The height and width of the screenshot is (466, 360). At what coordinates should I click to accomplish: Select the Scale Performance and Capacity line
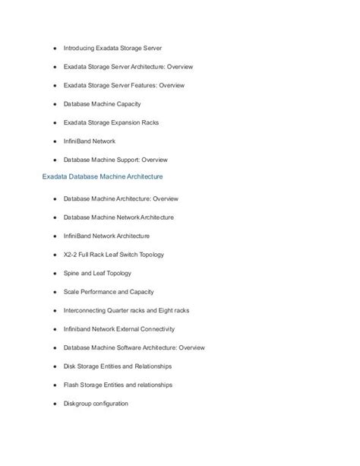(111, 292)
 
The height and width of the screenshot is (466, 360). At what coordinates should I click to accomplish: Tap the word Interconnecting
(86, 310)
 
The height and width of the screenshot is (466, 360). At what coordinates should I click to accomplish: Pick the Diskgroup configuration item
(96, 404)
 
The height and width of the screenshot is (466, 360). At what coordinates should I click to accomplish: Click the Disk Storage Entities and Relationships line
(117, 366)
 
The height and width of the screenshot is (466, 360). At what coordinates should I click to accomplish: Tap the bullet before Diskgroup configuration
(55, 404)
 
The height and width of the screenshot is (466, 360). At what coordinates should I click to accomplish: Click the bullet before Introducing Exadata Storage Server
(55, 47)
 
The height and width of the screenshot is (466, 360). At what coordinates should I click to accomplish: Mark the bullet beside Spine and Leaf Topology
(55, 273)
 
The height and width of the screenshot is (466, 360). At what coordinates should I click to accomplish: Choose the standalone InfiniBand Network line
(89, 141)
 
